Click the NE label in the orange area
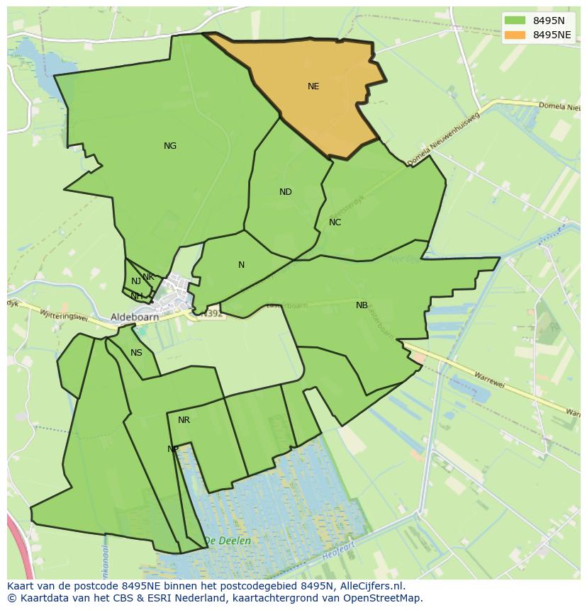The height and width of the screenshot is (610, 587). click(313, 86)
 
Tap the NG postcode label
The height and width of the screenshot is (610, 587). click(170, 146)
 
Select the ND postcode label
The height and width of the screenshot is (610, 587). click(286, 192)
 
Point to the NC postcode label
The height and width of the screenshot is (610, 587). click(335, 222)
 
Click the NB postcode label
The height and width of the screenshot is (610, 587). click(362, 305)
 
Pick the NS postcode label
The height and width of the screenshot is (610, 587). click(136, 353)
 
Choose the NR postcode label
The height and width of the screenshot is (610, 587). click(184, 420)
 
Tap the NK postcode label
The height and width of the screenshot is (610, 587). click(148, 277)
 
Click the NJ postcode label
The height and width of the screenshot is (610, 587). click(136, 281)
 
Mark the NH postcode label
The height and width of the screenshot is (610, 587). click(136, 295)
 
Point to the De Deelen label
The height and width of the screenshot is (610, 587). click(227, 541)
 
